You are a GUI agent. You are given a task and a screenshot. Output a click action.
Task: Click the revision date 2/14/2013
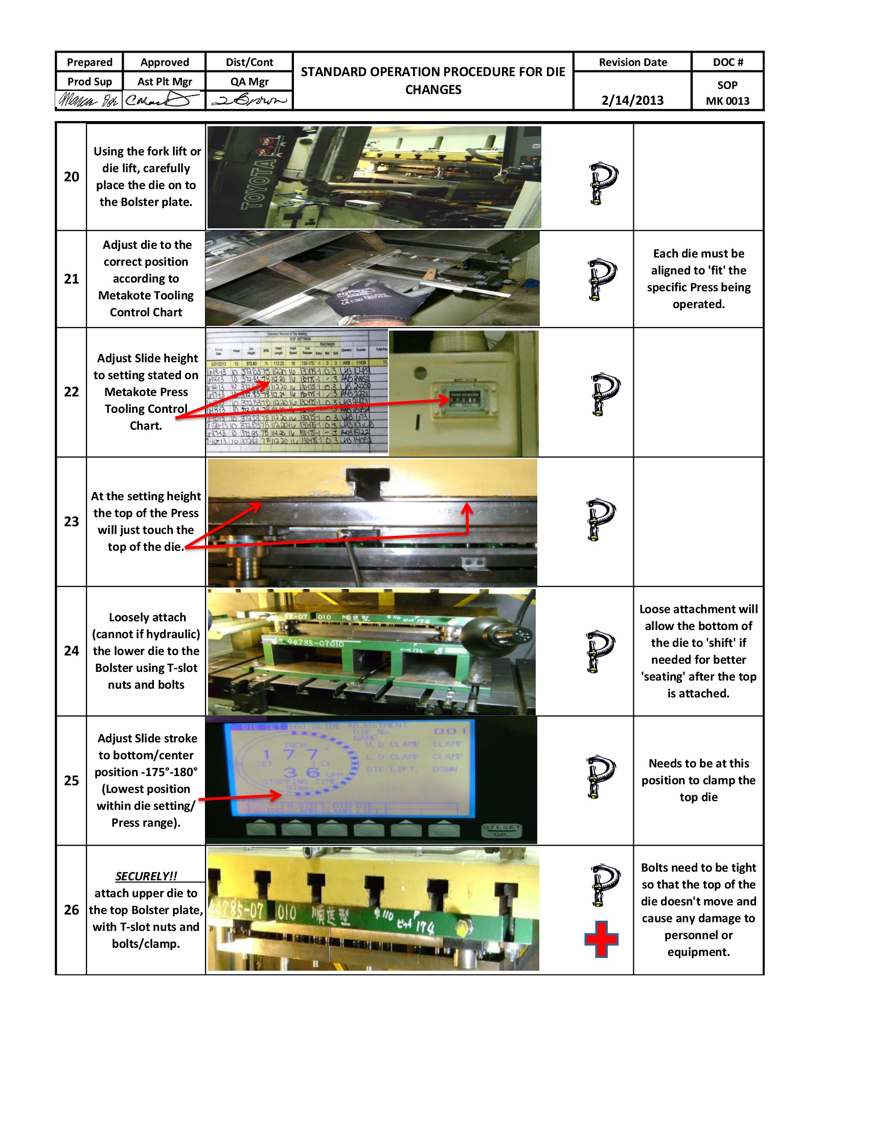[x=632, y=100]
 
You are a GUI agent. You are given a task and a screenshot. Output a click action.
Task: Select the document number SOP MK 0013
[x=727, y=92]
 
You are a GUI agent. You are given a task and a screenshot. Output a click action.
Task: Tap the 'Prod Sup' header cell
[x=89, y=81]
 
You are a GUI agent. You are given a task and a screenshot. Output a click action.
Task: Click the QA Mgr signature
[x=249, y=100]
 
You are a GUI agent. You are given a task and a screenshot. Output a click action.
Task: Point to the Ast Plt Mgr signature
[x=164, y=100]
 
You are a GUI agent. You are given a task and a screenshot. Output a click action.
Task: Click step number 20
[x=72, y=177]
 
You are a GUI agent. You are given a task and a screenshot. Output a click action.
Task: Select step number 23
[x=72, y=521]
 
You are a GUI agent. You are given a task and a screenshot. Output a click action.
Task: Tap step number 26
[x=72, y=910]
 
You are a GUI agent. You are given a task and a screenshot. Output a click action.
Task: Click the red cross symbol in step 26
[x=601, y=939]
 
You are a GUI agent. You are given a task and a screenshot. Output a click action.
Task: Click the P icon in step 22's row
[x=605, y=394]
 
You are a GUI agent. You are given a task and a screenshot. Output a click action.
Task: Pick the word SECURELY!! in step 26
[x=146, y=876]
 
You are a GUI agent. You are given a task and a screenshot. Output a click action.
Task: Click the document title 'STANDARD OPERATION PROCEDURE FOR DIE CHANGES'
[x=433, y=80]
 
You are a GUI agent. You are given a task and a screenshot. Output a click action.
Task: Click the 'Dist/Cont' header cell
[x=249, y=62]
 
